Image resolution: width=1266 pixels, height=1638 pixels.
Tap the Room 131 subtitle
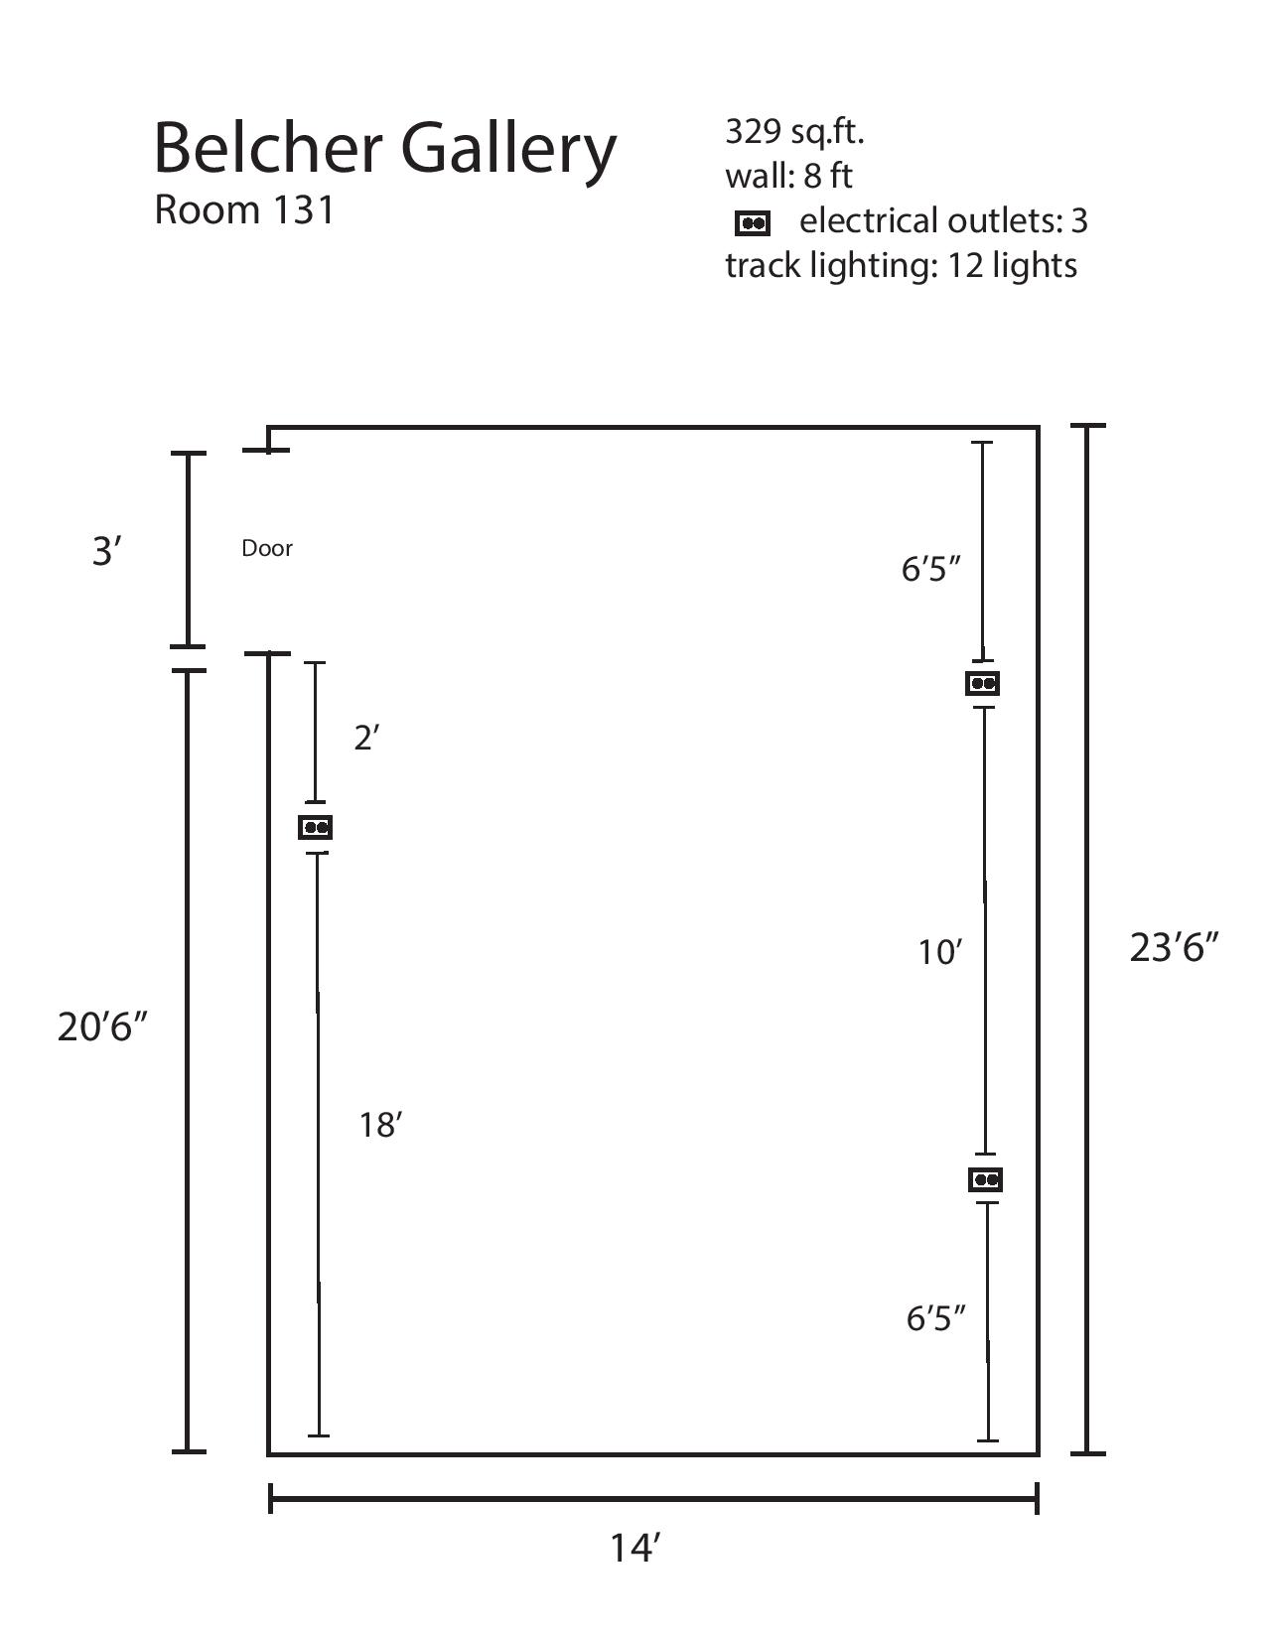244,209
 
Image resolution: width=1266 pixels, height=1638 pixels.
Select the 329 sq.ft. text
794,132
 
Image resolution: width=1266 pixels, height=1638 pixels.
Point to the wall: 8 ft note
788,176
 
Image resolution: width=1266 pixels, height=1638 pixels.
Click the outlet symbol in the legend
753,223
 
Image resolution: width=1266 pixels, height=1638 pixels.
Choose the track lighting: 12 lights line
901,266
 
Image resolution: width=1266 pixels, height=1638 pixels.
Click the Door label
267,548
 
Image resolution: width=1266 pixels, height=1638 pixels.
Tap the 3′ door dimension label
107,550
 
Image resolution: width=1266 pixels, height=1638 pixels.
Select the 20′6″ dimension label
102,1026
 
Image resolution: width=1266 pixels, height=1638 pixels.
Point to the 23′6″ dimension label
1174,947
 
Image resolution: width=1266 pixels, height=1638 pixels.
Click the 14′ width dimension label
635,1547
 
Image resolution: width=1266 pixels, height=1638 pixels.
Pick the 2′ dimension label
367,738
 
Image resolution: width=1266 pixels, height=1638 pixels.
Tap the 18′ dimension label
380,1125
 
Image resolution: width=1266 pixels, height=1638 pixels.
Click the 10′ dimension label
939,952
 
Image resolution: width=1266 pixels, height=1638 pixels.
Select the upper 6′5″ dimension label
931,569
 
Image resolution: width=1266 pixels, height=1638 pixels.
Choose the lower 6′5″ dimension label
935,1318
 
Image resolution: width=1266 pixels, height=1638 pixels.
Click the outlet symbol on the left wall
316,827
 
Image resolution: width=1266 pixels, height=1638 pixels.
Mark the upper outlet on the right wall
983,683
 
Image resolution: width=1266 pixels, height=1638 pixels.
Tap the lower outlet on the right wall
986,1179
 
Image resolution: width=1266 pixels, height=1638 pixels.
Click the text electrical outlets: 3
943,220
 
